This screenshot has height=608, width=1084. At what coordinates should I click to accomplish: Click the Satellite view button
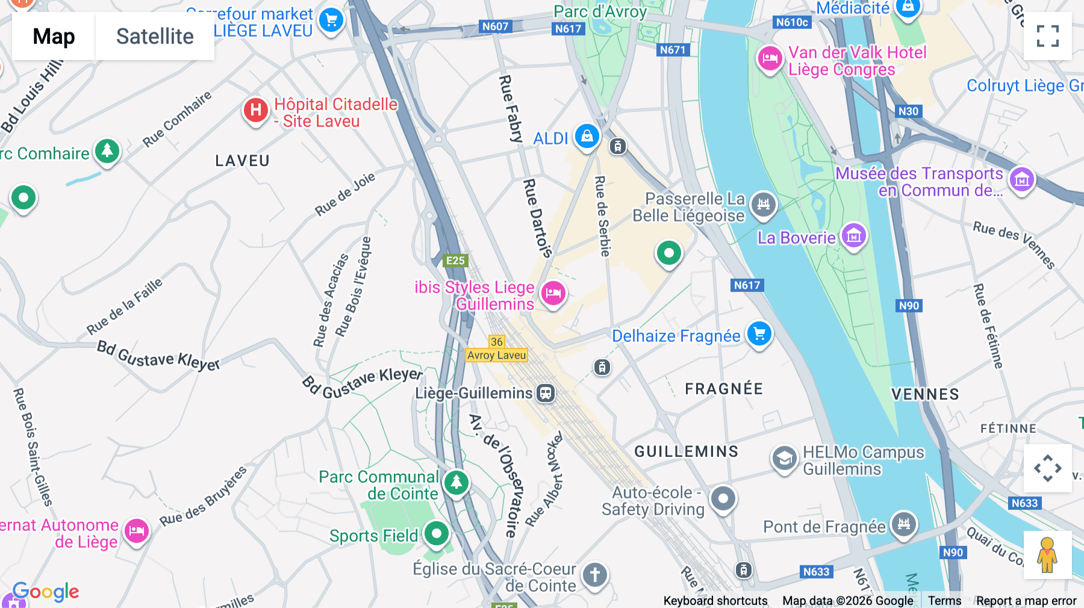coord(155,37)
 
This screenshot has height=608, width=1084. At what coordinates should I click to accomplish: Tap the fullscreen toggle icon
coord(1047,36)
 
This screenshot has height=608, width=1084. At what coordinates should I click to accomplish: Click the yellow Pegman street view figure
coord(1047,555)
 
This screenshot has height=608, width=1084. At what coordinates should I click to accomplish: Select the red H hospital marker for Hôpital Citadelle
coord(256,110)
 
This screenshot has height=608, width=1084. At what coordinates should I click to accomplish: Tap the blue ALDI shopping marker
coord(587,136)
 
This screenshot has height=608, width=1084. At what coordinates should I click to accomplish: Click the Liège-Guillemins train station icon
coord(546,393)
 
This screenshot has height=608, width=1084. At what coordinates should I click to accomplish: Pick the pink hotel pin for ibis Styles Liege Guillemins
coord(553,294)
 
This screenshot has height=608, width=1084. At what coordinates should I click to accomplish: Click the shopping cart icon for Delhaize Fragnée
coord(759,333)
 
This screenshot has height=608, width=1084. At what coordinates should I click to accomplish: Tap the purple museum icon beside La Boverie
coord(853,236)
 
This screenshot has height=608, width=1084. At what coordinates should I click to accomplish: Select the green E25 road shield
coord(455,261)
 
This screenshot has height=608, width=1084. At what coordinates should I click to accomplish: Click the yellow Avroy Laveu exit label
coord(497,355)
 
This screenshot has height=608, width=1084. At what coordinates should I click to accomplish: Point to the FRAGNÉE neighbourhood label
coord(724,389)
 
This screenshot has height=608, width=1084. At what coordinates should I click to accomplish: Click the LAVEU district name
coord(243,161)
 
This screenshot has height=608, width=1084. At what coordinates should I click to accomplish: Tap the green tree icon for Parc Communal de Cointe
coord(456,482)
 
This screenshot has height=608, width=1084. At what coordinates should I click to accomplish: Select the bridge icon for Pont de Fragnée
coord(904,524)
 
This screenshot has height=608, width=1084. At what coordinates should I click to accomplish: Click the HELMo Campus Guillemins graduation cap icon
coord(784,459)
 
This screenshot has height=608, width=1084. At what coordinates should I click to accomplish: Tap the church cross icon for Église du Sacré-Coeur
coord(594,574)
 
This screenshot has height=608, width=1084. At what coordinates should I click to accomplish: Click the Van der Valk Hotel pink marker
coord(770,59)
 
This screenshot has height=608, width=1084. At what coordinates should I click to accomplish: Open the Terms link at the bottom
coord(944,601)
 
